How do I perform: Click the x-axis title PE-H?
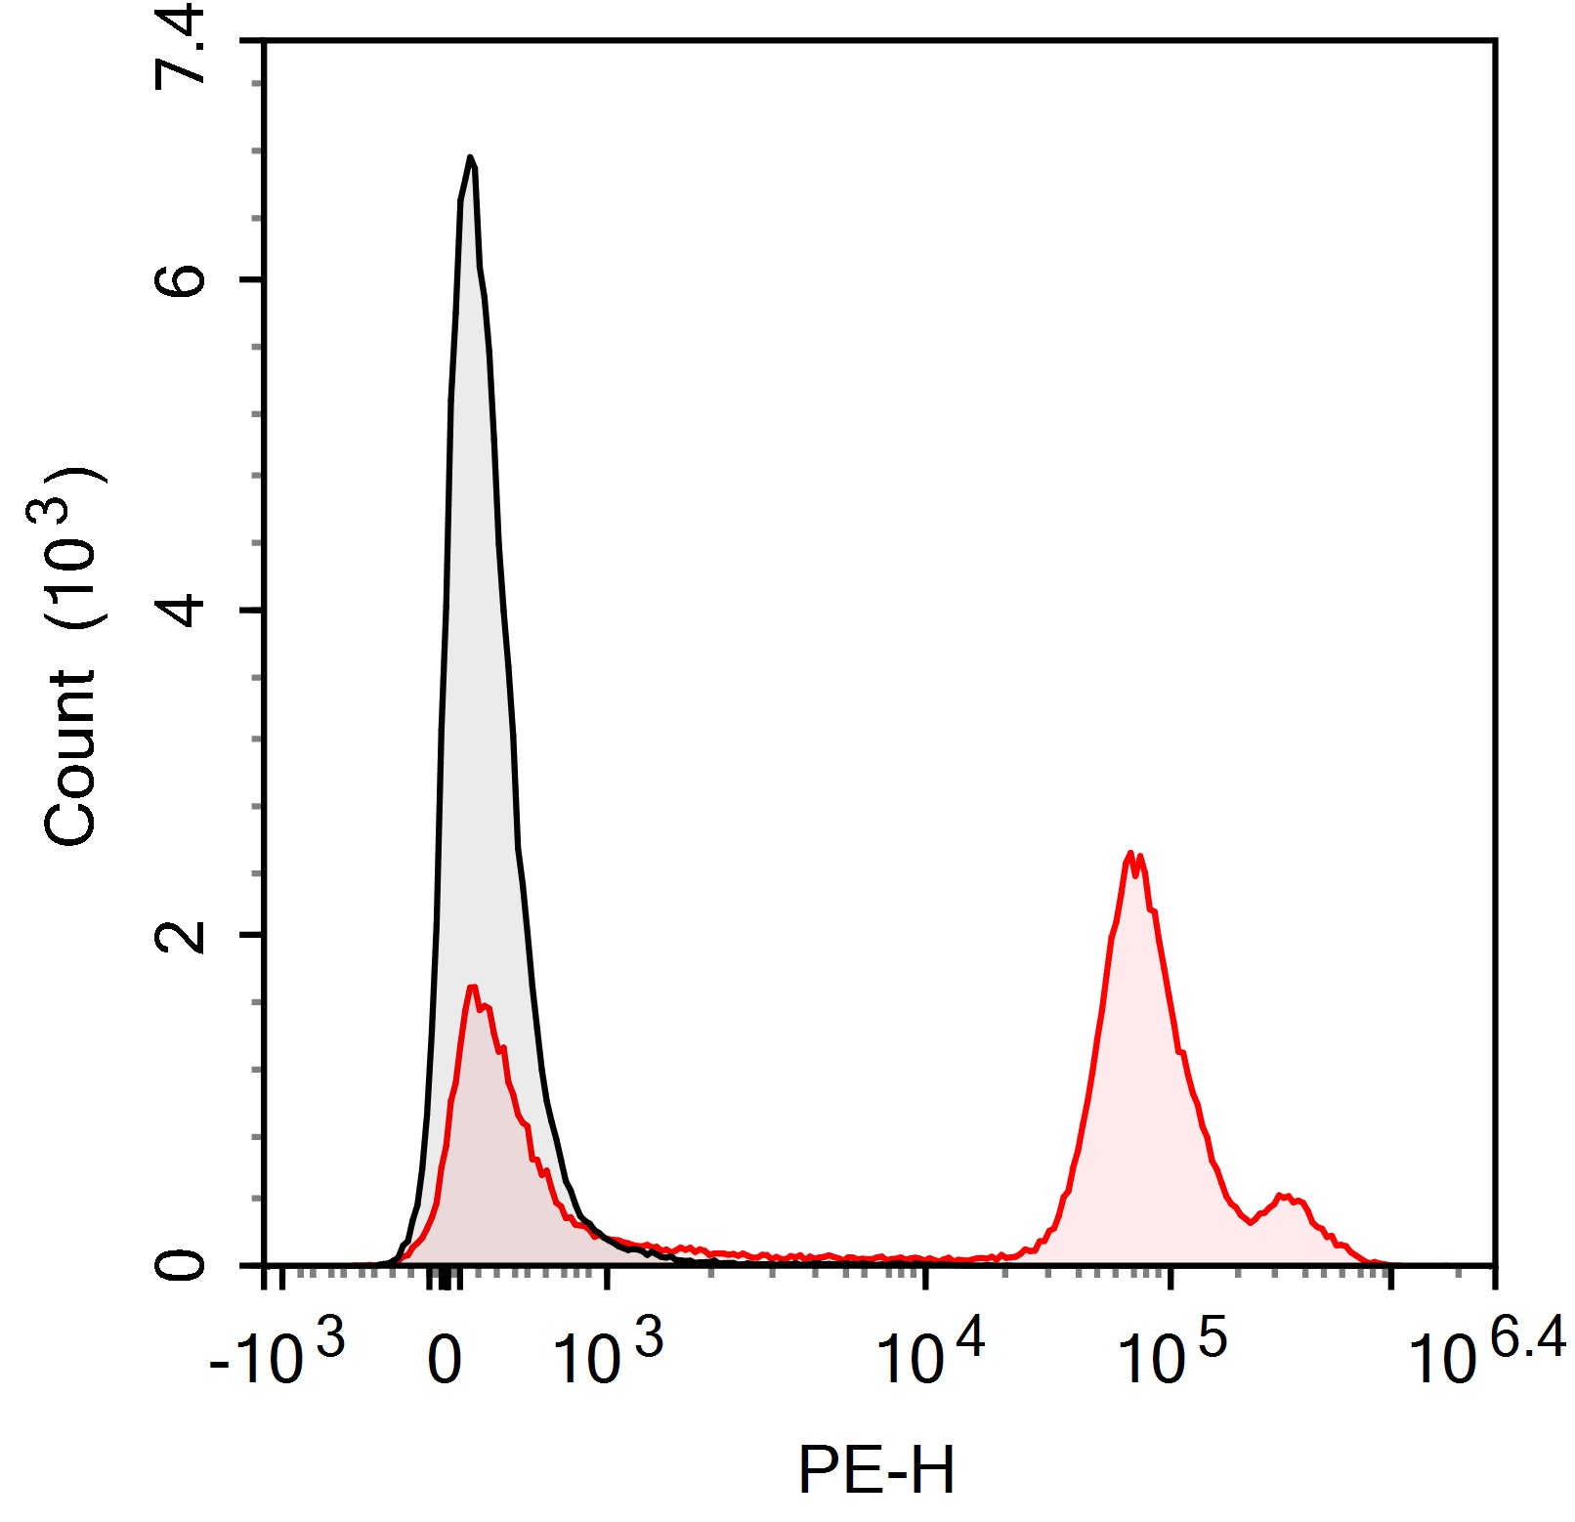(x=875, y=1470)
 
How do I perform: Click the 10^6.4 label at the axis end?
(x=1485, y=1354)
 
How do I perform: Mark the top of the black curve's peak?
(x=471, y=157)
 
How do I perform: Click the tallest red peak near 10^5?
(x=1131, y=854)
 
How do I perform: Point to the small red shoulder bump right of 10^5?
(x=1286, y=1196)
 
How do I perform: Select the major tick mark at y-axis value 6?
(x=252, y=280)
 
